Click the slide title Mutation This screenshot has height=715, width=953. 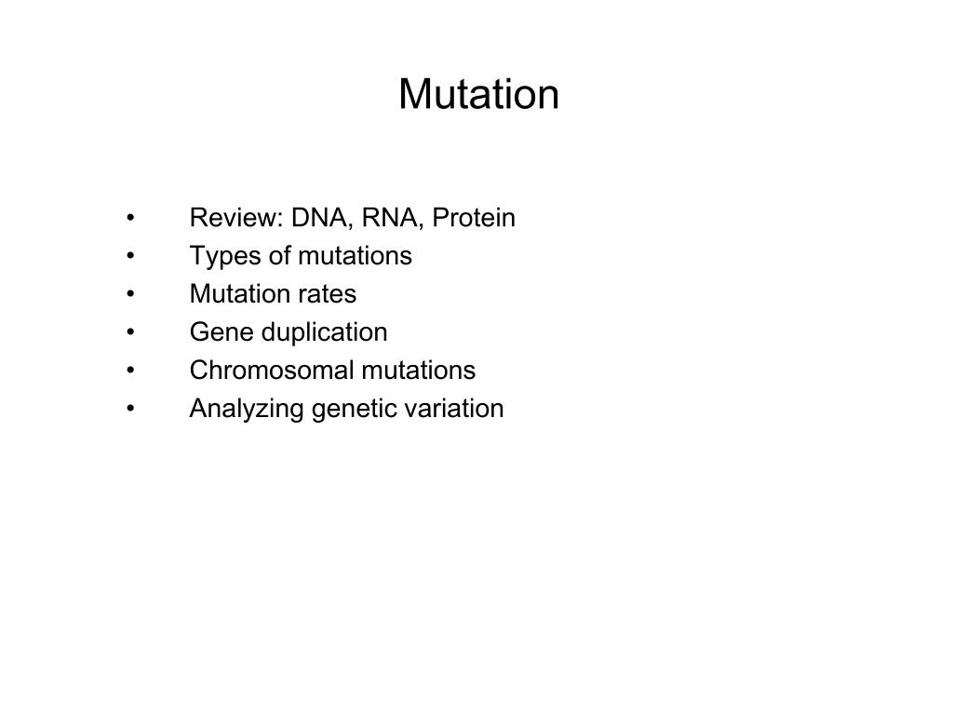[x=479, y=94]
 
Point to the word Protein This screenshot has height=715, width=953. [x=474, y=218]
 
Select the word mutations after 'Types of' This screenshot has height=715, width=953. [x=356, y=256]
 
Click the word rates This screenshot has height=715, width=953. [x=332, y=294]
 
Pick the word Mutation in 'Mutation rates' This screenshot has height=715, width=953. [x=245, y=293]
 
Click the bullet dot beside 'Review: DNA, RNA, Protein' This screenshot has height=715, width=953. [x=130, y=218]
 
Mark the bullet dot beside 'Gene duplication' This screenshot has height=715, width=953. [x=130, y=332]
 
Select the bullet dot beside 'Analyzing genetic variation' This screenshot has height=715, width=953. [x=130, y=409]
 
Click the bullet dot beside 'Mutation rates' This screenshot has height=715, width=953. [x=130, y=294]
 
